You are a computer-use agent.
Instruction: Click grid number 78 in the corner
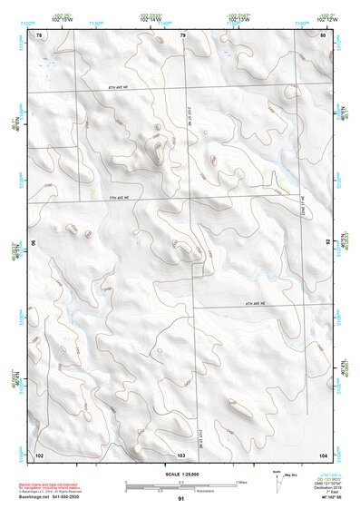coord(39,35)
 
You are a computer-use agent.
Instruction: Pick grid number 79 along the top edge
coord(182,35)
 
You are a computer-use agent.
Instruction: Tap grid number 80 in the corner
coord(324,35)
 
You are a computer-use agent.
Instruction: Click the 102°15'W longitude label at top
coord(63,17)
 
